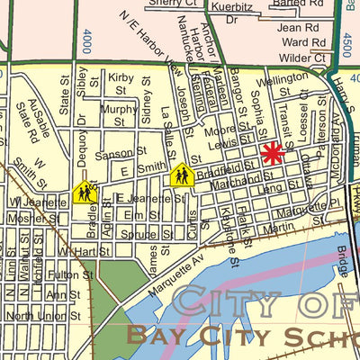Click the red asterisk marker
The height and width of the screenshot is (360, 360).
click(x=273, y=153)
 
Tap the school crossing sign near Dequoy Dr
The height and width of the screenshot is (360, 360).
click(x=85, y=192)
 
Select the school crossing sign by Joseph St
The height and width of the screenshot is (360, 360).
click(x=183, y=174)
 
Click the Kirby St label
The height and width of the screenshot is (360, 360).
click(x=120, y=78)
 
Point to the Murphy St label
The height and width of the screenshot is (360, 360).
click(x=119, y=110)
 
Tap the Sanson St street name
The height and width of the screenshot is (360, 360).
click(x=115, y=154)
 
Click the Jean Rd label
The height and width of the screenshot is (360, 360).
click(x=300, y=28)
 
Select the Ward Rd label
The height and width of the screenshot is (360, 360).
click(x=301, y=42)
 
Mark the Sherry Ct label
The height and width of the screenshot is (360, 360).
click(x=173, y=4)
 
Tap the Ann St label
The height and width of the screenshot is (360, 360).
click(x=63, y=295)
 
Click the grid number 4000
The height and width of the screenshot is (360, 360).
click(x=86, y=41)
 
